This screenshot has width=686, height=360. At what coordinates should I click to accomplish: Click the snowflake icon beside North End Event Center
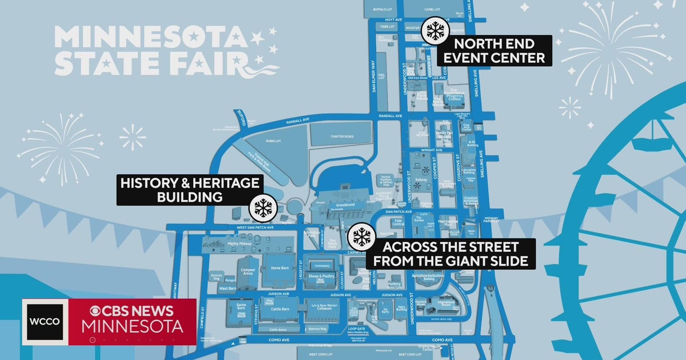coord(435,31)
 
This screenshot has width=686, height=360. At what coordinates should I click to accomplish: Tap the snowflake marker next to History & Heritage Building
coord(263,207)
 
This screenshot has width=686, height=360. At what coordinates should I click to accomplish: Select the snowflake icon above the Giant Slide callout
coord(361,236)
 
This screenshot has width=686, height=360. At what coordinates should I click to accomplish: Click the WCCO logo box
coord(45,321)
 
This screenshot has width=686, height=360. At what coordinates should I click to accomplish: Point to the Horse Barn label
coord(279,267)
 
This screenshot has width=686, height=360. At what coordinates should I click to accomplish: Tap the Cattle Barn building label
coord(280,309)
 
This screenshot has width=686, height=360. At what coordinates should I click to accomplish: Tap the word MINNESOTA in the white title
coord(151,38)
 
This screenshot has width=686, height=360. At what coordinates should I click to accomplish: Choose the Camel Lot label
coord(432,10)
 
